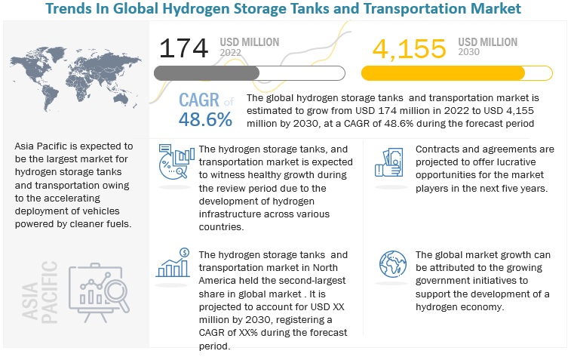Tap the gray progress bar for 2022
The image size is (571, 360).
click(207, 72)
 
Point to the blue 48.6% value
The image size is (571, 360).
click(205, 119)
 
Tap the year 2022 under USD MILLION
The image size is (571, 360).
click(235, 53)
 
